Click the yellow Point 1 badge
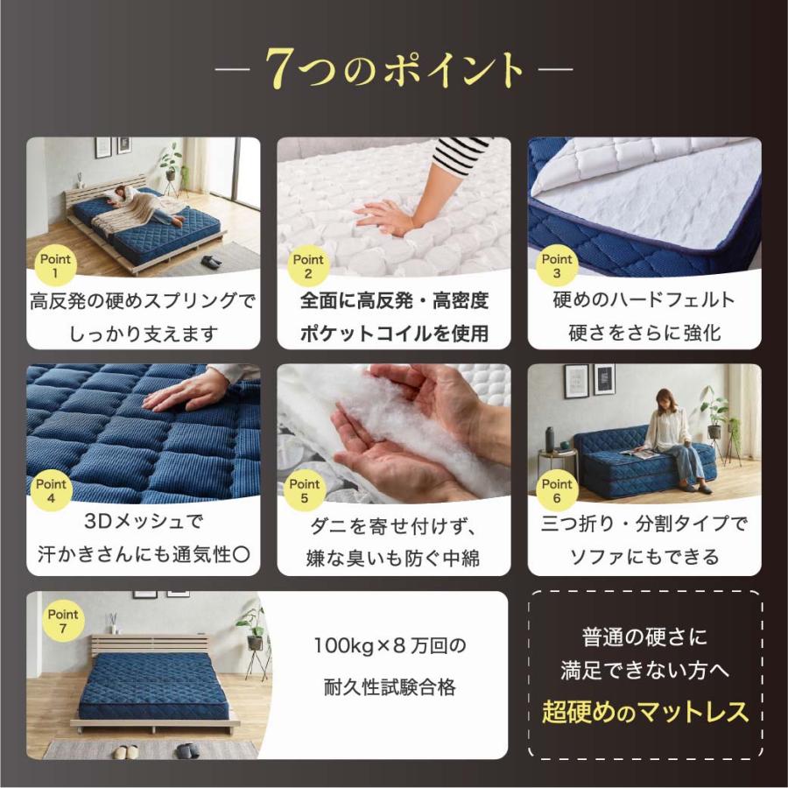click(55, 267)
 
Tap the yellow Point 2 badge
click(308, 267)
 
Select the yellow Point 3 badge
click(557, 267)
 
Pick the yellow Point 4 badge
click(52, 491)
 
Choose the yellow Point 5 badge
click(305, 491)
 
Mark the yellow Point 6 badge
click(557, 491)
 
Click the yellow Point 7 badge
click(63, 621)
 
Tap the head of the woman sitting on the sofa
click(664, 399)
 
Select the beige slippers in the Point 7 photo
click(125, 752)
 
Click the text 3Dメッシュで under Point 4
click(144, 522)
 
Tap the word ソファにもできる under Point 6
click(644, 557)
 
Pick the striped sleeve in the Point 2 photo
click(460, 153)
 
